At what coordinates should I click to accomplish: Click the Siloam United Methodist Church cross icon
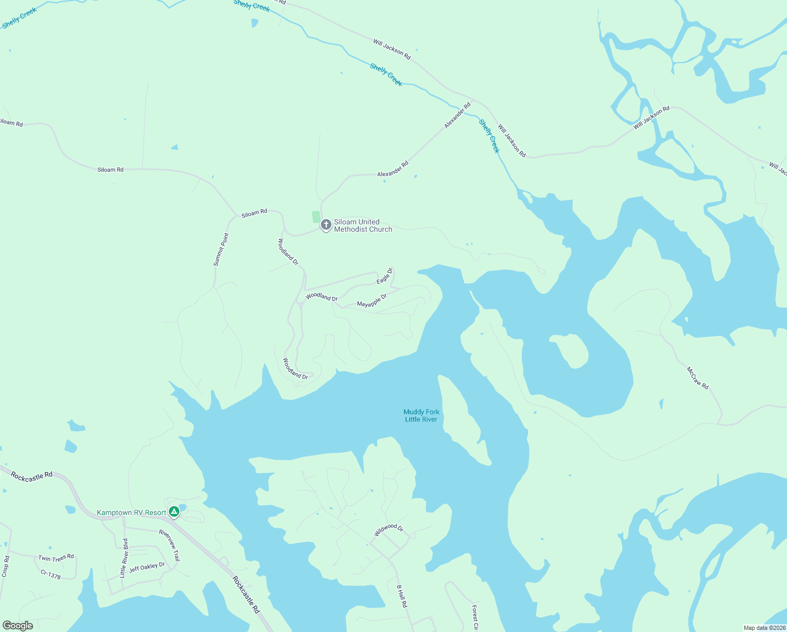pyautogui.click(x=326, y=225)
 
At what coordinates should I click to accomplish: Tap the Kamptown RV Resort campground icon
pyautogui.click(x=174, y=512)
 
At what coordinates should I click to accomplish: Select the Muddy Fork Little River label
pyautogui.click(x=421, y=416)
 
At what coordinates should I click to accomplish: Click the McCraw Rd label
pyautogui.click(x=698, y=378)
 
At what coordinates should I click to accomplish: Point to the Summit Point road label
pyautogui.click(x=221, y=250)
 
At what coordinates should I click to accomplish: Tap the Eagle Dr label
pyautogui.click(x=385, y=276)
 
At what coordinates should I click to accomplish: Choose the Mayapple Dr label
pyautogui.click(x=372, y=301)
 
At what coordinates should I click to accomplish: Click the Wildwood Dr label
pyautogui.click(x=388, y=530)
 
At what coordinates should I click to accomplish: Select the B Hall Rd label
pyautogui.click(x=401, y=596)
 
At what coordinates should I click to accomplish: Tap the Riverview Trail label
pyautogui.click(x=169, y=545)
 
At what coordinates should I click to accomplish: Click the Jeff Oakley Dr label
pyautogui.click(x=147, y=567)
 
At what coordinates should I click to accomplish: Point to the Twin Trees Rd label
pyautogui.click(x=56, y=558)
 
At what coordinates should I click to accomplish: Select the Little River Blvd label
pyautogui.click(x=124, y=558)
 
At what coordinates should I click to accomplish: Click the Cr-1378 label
pyautogui.click(x=51, y=575)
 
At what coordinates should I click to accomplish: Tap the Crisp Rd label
pyautogui.click(x=5, y=566)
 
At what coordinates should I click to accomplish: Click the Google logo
pyautogui.click(x=17, y=626)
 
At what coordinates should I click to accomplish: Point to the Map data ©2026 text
pyautogui.click(x=764, y=628)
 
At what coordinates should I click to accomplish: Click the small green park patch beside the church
pyautogui.click(x=316, y=216)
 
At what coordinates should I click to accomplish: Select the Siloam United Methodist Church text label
pyautogui.click(x=363, y=225)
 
